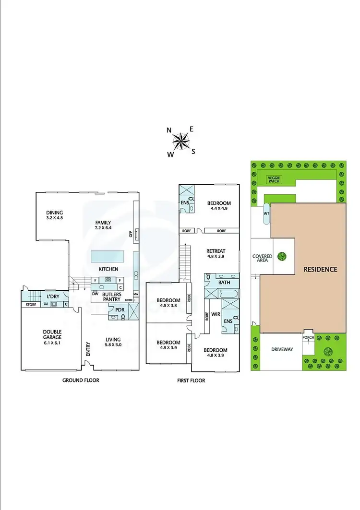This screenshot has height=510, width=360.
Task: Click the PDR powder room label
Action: pyautogui.click(x=120, y=310)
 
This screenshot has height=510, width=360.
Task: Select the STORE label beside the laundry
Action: pyautogui.click(x=31, y=304)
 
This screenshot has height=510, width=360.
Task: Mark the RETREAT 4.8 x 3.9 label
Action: pyautogui.click(x=216, y=254)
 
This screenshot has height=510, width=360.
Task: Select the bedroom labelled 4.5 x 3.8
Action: pyautogui.click(x=167, y=304)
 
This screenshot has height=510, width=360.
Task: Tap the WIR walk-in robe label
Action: pyautogui.click(x=215, y=314)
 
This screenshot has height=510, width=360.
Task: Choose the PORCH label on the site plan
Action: pyautogui.click(x=307, y=338)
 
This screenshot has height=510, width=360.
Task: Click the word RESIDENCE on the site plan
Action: pyautogui.click(x=321, y=270)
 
